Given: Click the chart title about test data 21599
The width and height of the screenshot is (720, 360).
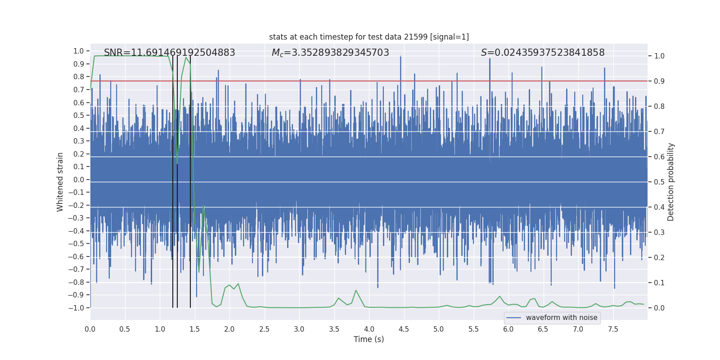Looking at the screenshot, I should click(x=369, y=37).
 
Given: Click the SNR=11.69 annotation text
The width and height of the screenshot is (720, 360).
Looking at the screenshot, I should click(x=169, y=53).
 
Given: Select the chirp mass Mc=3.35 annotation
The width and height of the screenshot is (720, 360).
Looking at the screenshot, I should click(x=330, y=53).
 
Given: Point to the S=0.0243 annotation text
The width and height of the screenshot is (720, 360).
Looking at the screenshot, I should click(x=542, y=53).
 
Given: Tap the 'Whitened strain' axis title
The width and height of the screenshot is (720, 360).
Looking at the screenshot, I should click(x=60, y=182).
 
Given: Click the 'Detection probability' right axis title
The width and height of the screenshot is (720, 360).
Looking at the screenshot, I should click(x=670, y=182).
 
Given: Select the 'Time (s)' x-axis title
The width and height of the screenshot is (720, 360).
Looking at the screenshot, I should click(x=369, y=339).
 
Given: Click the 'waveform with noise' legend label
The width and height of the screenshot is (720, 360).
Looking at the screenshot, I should click(x=562, y=318).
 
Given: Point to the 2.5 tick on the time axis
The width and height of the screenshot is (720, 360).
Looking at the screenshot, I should click(x=264, y=329).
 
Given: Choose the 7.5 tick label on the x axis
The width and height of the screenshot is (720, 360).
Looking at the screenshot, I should click(x=613, y=329).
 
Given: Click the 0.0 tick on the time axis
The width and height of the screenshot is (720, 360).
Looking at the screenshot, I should click(x=90, y=329).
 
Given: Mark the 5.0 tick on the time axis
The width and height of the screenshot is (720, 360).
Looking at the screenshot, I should click(x=438, y=329).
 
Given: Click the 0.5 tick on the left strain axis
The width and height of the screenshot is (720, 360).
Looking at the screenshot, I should click(x=79, y=115).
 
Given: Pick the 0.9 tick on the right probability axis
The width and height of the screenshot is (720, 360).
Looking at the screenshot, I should click(x=659, y=81).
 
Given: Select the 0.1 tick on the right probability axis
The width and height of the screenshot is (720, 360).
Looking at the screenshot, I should click(x=659, y=283).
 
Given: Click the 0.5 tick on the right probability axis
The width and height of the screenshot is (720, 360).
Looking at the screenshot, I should click(x=659, y=182).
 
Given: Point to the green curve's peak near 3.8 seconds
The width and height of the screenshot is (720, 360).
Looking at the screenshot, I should click(x=355, y=290).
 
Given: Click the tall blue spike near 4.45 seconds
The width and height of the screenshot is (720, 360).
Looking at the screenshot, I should click(x=400, y=57).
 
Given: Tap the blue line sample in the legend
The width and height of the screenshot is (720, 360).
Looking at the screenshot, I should click(x=513, y=318).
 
